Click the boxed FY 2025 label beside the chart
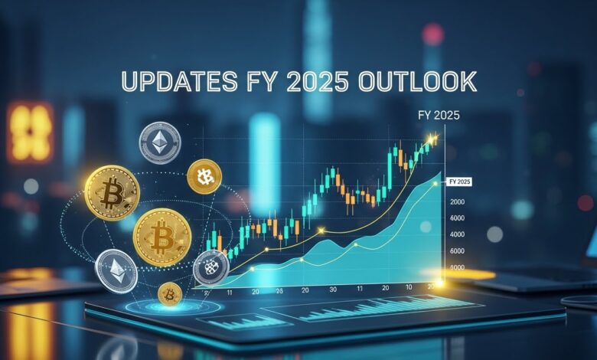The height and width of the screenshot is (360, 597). coord(460,182)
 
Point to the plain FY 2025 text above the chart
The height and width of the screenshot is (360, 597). coord(434,116)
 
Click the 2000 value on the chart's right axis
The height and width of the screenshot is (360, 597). coord(458,201)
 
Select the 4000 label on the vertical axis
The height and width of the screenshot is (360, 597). coord(458,234)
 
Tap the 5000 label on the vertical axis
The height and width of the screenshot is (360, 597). coord(458,267)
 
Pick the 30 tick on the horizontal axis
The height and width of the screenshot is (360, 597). coord(332,290)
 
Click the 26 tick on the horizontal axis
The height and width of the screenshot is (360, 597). coord(279,290)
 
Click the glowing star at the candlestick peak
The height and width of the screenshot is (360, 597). coord(433,139)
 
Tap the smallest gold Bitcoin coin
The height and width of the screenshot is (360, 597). coord(170,293)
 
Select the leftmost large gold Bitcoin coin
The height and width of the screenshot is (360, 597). coord(112,193)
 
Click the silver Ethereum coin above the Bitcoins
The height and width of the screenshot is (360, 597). coord(159,143)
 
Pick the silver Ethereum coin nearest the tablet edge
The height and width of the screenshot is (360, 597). coord(116,270)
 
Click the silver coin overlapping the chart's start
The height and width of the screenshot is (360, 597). coord(211,267)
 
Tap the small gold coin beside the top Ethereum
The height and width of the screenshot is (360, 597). coord(204,176)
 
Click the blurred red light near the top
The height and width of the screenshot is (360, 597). coord(432,34)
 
